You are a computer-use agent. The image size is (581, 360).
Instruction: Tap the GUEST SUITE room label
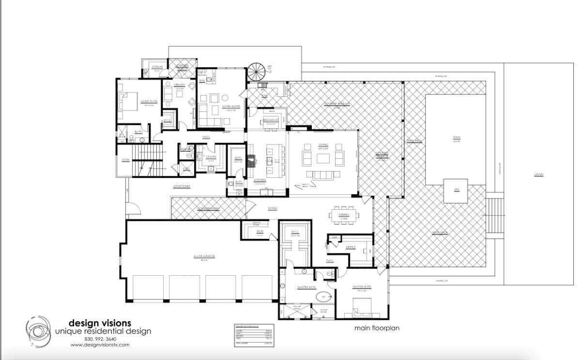coord(148,102)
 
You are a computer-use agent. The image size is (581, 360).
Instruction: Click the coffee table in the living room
coord(323,157)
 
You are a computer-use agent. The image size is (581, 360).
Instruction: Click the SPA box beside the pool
coord(456,189)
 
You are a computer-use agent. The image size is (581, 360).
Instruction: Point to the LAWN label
coord(538,174)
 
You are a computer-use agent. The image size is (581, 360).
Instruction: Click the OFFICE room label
coord(351,247)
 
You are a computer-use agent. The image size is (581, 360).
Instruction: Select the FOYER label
coord(273,208)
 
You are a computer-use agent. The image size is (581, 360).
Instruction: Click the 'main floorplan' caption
coord(377,328)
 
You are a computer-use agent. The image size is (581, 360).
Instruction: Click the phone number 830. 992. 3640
coord(100,339)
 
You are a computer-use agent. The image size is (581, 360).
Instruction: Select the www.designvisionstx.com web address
coord(100,345)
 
